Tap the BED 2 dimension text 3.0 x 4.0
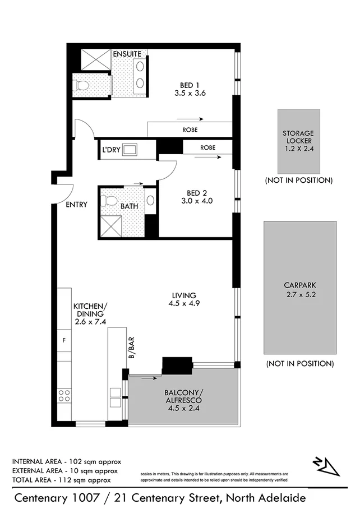197,200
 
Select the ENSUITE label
127,54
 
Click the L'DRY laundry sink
131,150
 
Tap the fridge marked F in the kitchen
64,340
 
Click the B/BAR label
130,348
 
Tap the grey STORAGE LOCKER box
297,141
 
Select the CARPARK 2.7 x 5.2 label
301,290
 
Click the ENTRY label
76,205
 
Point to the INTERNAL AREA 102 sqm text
67,461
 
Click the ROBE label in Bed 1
190,130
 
